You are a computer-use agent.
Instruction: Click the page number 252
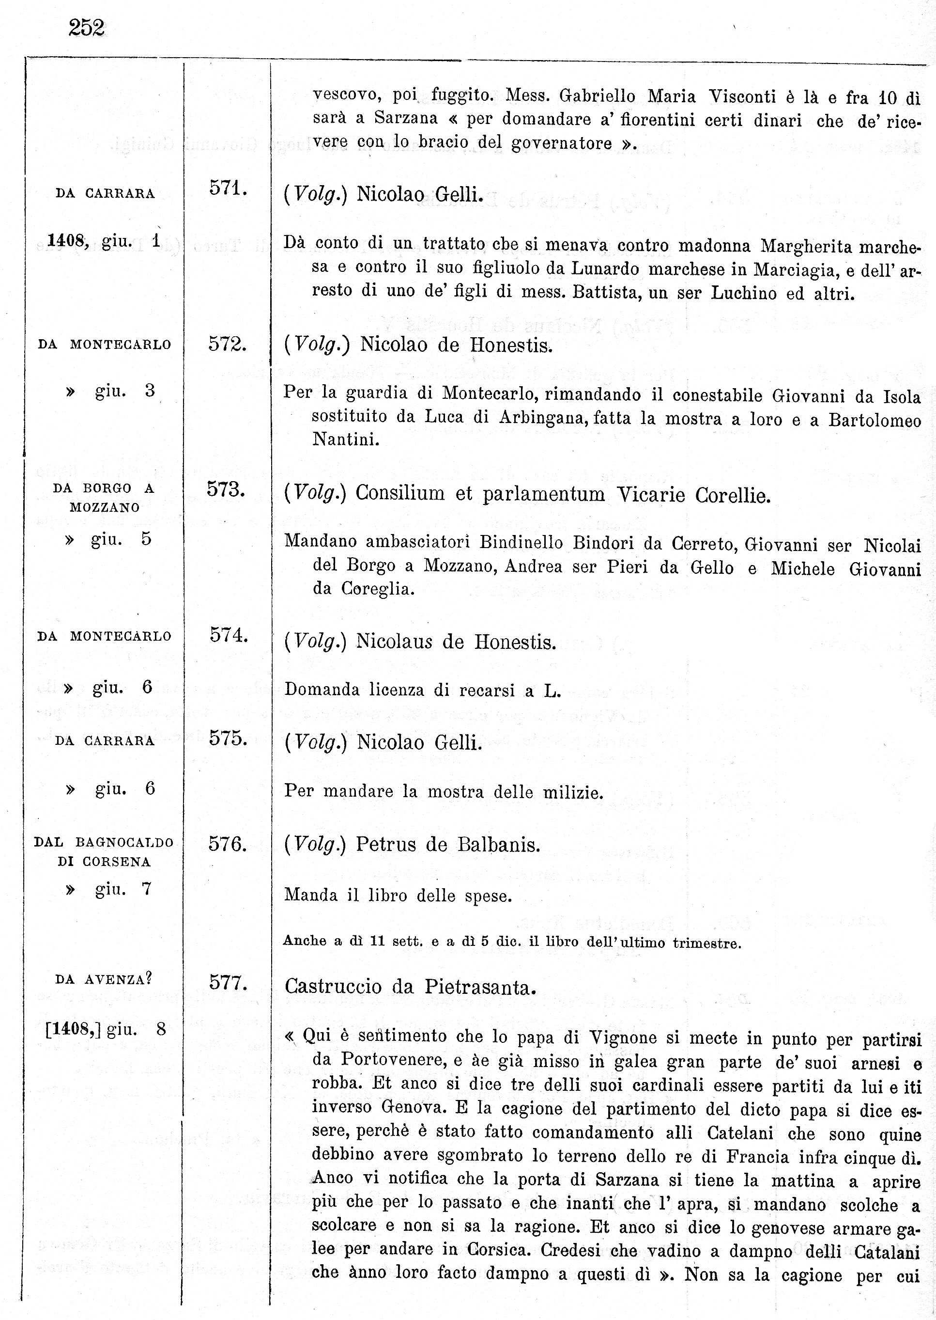click(x=87, y=28)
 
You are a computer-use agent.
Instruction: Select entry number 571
click(x=228, y=189)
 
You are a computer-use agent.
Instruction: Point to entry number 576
click(x=227, y=844)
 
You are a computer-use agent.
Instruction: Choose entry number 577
click(x=228, y=981)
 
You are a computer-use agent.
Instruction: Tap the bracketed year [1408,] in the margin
click(x=73, y=1029)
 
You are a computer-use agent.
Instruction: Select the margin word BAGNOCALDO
click(x=124, y=843)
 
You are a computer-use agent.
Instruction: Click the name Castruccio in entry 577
click(x=334, y=987)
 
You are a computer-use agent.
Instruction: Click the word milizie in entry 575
click(x=573, y=792)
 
